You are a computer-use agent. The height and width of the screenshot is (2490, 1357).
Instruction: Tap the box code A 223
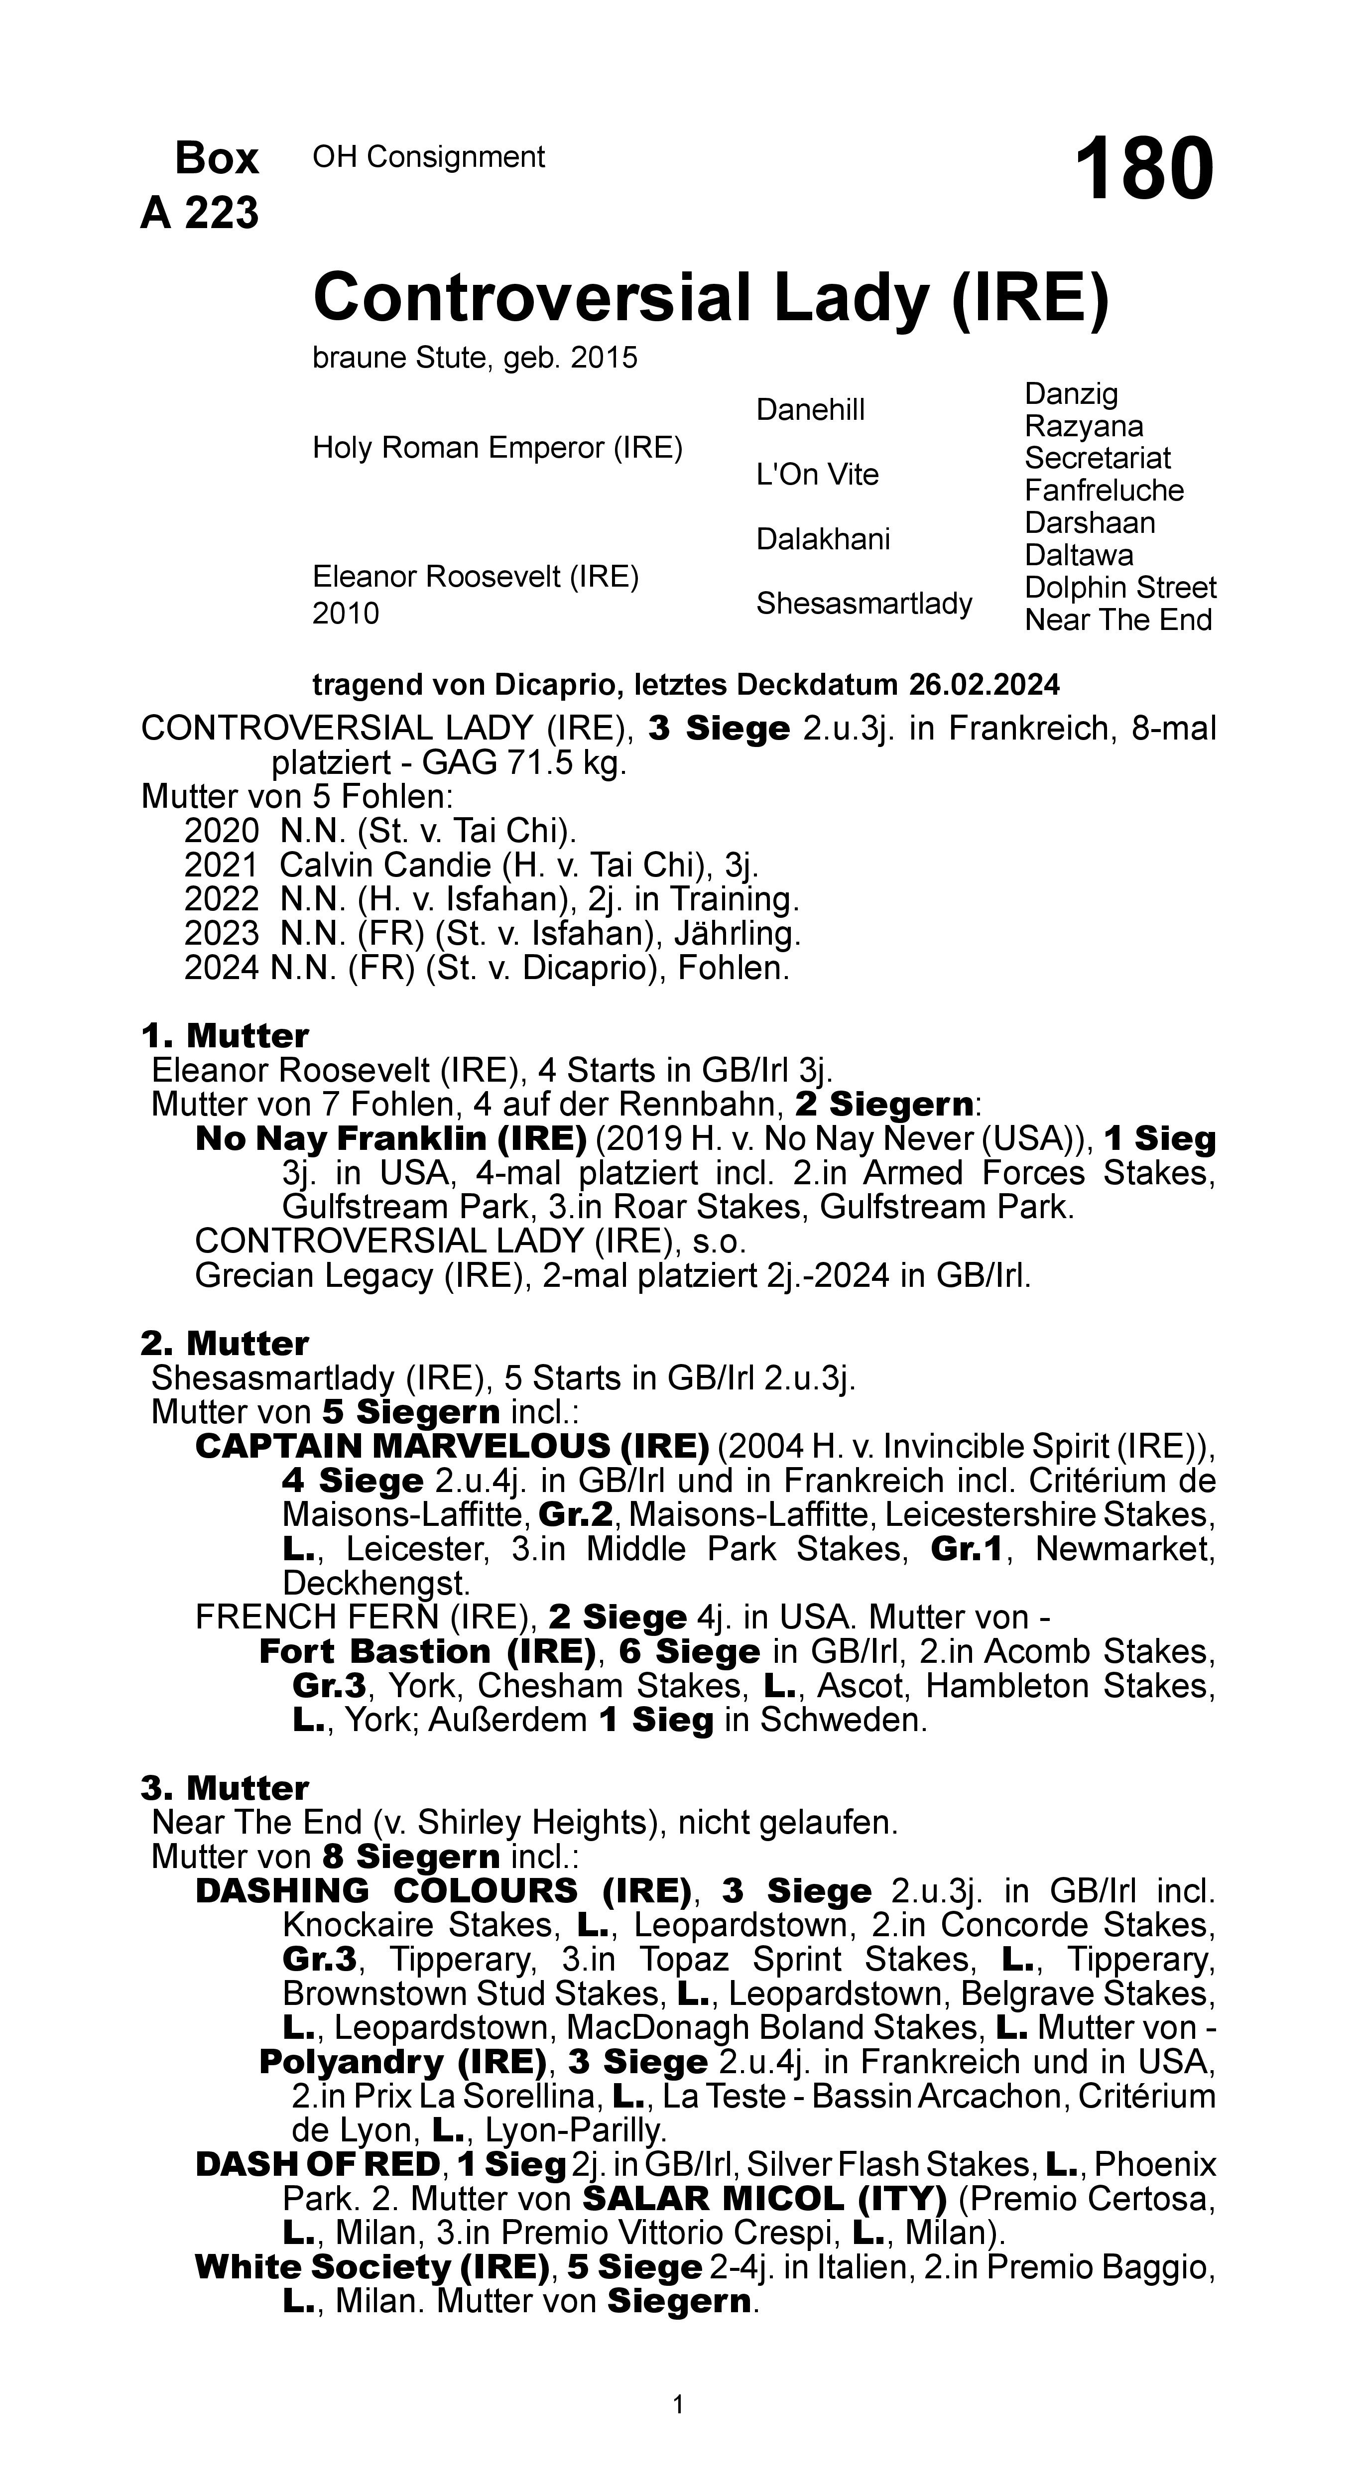(x=200, y=213)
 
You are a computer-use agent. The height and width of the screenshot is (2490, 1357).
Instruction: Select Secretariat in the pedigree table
(x=1097, y=458)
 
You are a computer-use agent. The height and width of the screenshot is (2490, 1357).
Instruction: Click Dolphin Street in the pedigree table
(x=1120, y=588)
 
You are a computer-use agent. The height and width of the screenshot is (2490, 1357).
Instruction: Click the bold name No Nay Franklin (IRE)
(x=390, y=1138)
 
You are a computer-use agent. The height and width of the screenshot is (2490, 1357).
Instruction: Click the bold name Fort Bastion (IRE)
(x=426, y=1652)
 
